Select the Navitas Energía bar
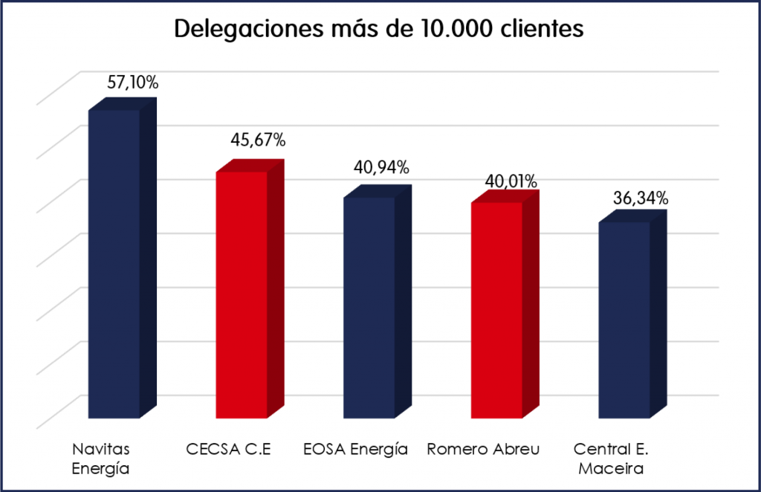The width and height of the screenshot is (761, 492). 114,264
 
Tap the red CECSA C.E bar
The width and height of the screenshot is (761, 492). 242,294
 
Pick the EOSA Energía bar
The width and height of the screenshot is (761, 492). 369,306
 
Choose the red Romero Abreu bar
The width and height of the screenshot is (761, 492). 496,308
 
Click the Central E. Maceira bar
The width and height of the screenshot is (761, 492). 624,320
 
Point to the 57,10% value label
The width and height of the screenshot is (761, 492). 132,82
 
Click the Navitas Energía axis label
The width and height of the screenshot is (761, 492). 101,459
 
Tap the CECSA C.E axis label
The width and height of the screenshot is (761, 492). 227,449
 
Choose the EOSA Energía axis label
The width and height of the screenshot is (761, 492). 356,449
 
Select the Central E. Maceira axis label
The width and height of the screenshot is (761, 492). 608,459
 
